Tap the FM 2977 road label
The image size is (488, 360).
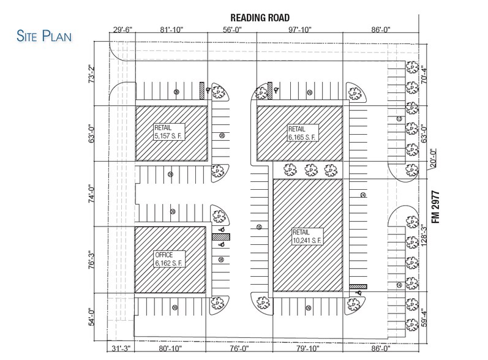point(436,209)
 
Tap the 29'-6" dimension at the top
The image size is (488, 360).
point(122,29)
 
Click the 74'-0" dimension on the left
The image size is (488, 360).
point(92,195)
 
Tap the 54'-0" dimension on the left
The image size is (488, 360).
point(92,315)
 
